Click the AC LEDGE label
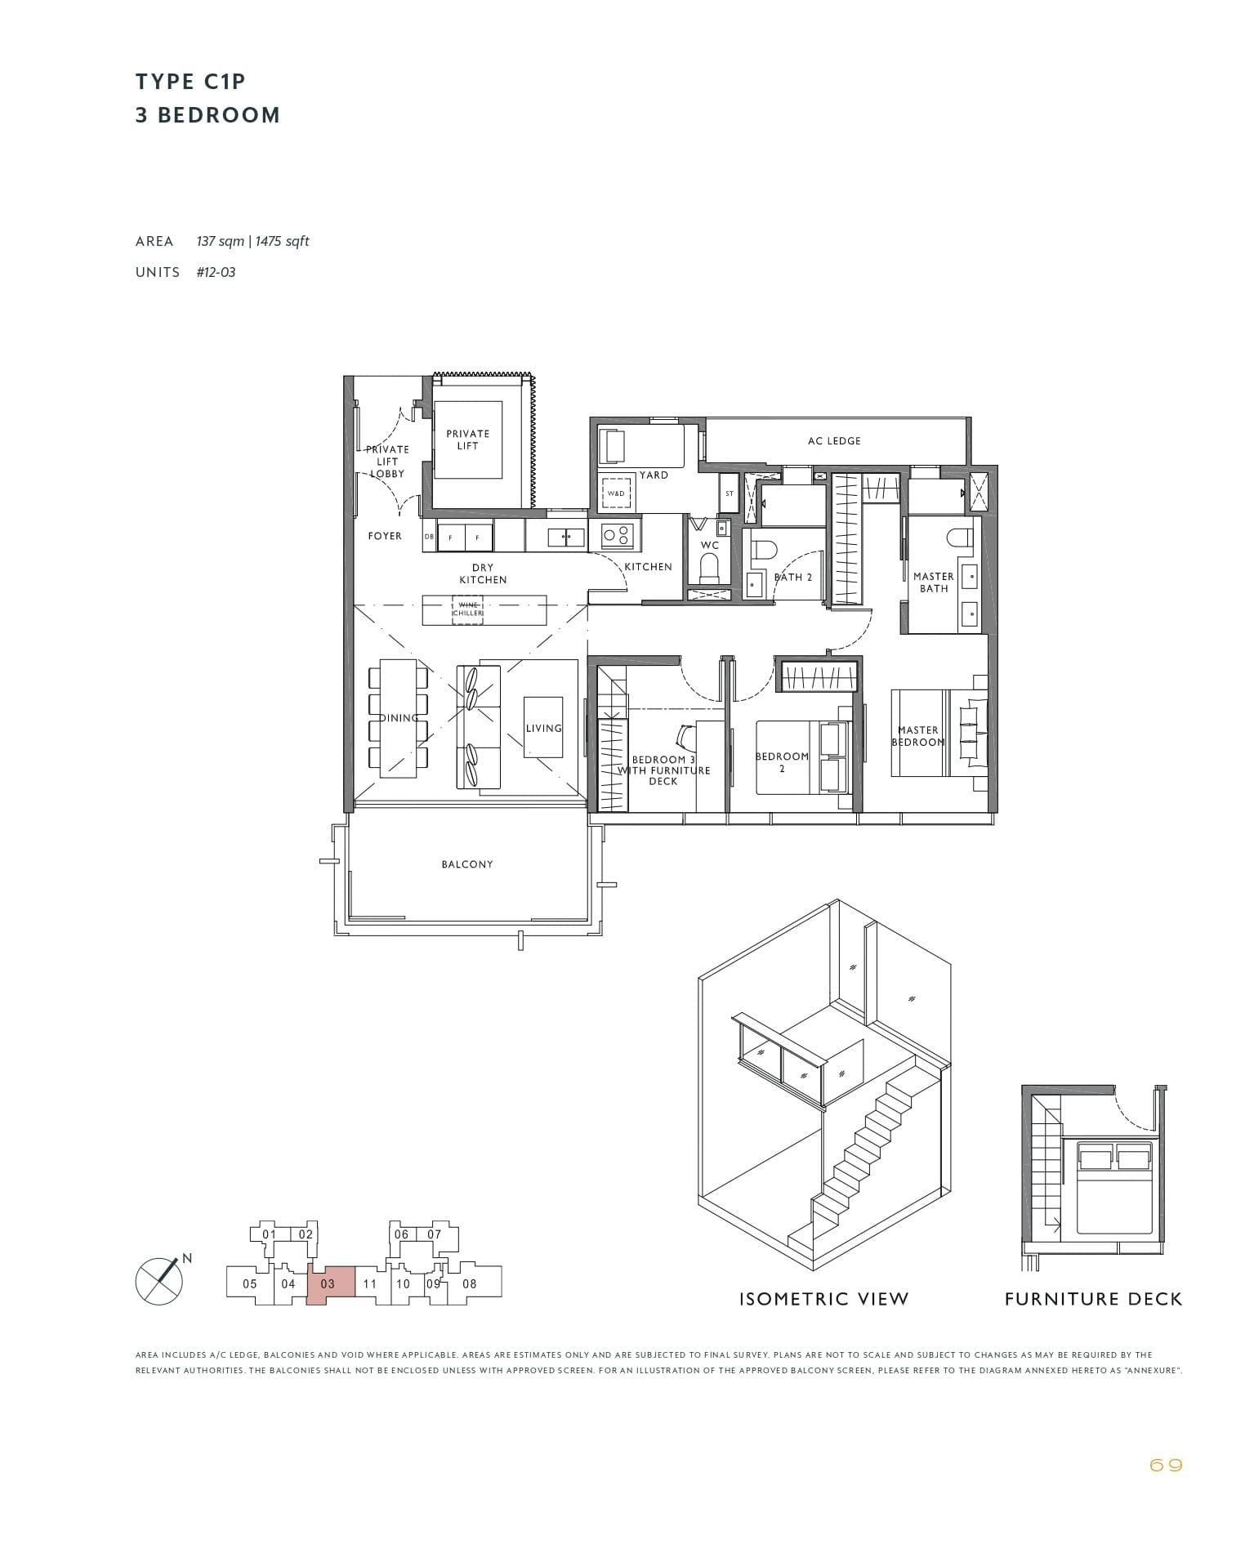click(x=833, y=441)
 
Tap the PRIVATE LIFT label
click(x=468, y=440)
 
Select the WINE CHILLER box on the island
click(x=467, y=609)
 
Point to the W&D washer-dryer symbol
click(x=616, y=493)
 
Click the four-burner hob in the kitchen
click(x=615, y=536)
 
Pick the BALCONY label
click(x=467, y=864)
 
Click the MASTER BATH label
click(x=934, y=582)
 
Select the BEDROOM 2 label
click(x=782, y=762)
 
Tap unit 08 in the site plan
click(x=470, y=1283)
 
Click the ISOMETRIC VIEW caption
click(x=823, y=1300)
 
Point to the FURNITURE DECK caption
click(x=1093, y=1300)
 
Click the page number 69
click(x=1165, y=1466)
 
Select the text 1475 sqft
click(x=283, y=241)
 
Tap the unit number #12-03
click(x=216, y=272)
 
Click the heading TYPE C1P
click(x=190, y=82)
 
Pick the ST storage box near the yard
click(x=730, y=494)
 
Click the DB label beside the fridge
click(x=429, y=537)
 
